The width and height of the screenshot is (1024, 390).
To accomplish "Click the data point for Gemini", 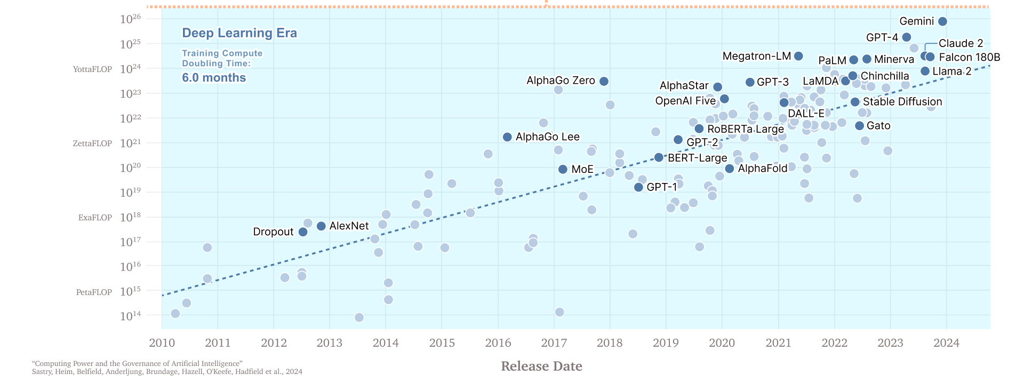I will (942, 21).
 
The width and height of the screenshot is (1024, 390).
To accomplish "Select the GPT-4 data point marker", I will (906, 37).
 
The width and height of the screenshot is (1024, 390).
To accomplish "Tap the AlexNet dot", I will (321, 226).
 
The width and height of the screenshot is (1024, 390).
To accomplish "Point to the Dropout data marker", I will (303, 232).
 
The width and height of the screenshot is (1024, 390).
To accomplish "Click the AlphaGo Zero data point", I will (604, 81).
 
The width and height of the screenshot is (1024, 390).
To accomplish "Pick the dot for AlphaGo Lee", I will (507, 137).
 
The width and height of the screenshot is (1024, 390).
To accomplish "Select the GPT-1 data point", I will (638, 187).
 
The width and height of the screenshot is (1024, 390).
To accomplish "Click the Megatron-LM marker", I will (798, 56).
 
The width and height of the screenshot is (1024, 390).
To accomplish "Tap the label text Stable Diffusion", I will (902, 101).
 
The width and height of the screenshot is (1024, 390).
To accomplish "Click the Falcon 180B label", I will (969, 57).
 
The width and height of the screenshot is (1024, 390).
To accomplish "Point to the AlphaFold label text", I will (762, 169).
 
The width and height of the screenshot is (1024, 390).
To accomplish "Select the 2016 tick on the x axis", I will (498, 343).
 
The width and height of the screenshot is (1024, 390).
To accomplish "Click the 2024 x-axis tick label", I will (946, 343).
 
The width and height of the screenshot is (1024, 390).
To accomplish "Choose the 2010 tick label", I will (162, 343).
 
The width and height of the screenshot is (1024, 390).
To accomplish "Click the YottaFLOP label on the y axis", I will (92, 69).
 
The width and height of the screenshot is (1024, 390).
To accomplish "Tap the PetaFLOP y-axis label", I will (94, 292).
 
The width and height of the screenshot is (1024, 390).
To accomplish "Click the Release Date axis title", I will (541, 366).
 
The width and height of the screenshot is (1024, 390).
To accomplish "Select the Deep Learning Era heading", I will (239, 33).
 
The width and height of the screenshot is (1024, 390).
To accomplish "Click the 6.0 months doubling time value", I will (214, 78).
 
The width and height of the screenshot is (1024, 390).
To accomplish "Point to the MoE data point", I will (563, 169).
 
